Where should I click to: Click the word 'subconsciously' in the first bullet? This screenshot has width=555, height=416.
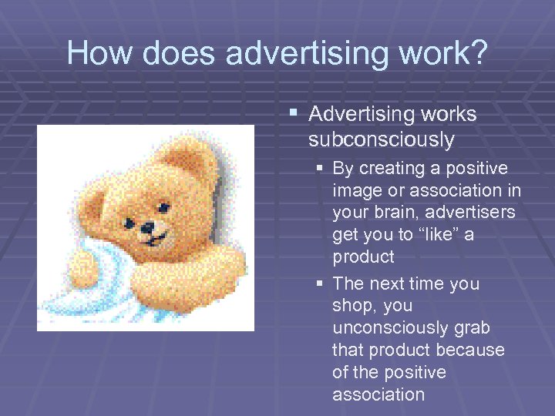click(x=381, y=139)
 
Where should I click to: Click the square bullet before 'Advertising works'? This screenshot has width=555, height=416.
click(x=293, y=114)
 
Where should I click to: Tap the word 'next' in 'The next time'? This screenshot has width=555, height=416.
click(x=391, y=283)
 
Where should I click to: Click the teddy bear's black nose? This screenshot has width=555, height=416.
click(x=147, y=227)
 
